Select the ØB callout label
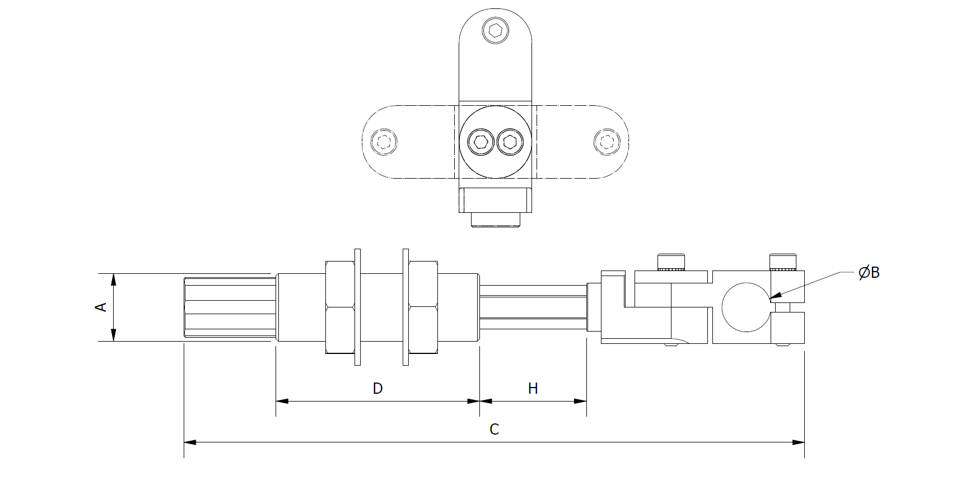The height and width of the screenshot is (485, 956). tap(869, 273)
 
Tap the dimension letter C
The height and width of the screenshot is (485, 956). tap(494, 430)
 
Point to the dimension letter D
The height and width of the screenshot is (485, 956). tap(377, 388)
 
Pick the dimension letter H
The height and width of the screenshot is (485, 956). tap(533, 388)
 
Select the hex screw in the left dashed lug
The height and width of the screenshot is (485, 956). tap(384, 141)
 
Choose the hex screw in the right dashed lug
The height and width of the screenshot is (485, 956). tap(606, 141)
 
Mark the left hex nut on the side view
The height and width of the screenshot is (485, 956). tap(339, 307)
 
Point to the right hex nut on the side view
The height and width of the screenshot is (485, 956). tap(423, 307)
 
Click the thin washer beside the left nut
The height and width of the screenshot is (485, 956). tap(358, 307)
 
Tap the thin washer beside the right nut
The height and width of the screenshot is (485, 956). tap(405, 307)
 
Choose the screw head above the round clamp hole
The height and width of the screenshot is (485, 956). tap(783, 262)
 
